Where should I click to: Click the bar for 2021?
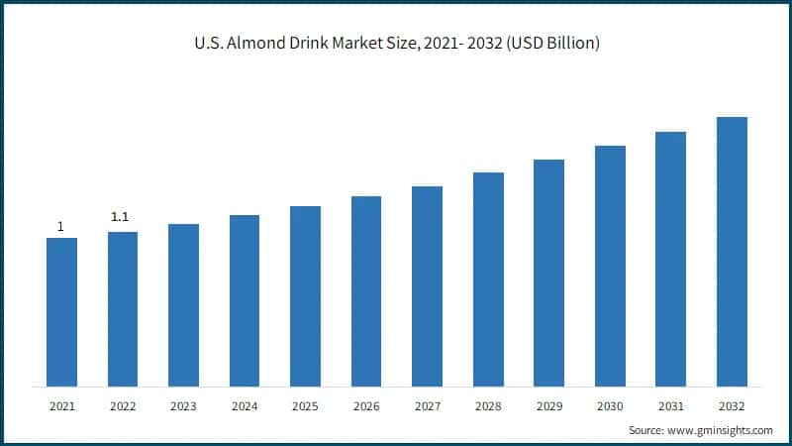point(61,312)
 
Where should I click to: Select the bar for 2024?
point(245,300)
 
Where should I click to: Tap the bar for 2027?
point(427,286)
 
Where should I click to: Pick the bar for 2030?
point(610,266)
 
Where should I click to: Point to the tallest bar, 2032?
point(732,252)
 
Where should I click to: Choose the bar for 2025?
point(305,296)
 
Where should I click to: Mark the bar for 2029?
point(548,273)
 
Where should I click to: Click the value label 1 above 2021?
point(60,227)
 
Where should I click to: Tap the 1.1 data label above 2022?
point(121,216)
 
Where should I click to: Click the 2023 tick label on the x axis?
point(183,405)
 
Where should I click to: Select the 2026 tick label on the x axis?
point(366,405)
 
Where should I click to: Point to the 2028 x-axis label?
point(488,405)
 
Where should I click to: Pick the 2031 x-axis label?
point(671,405)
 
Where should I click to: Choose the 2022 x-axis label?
point(123,405)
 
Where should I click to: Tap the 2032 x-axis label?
point(732,405)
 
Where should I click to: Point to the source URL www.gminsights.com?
point(721,430)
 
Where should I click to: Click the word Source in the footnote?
point(647,430)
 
